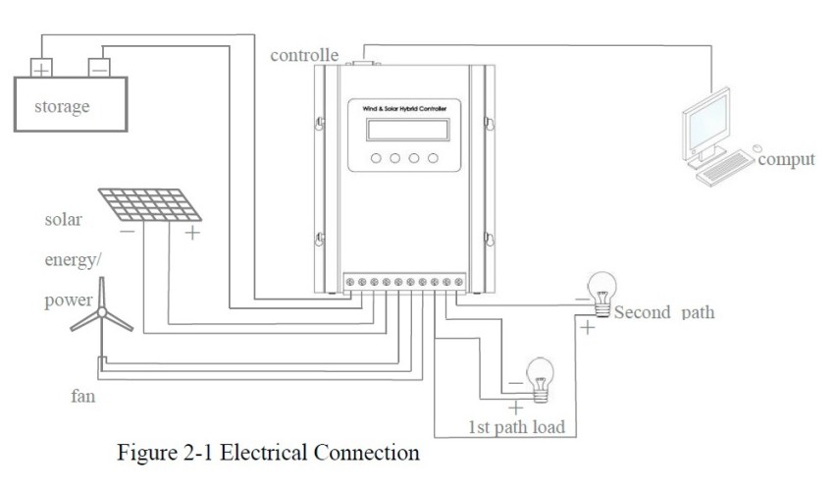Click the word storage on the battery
point(62,106)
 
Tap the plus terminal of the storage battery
point(41,69)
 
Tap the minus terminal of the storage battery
point(99,69)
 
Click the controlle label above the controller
point(304,55)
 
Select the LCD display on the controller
point(404,132)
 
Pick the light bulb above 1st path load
point(540,375)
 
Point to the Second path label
point(663,313)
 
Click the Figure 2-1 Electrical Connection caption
point(268,453)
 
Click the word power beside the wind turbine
point(68,300)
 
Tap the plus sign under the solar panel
point(192,234)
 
